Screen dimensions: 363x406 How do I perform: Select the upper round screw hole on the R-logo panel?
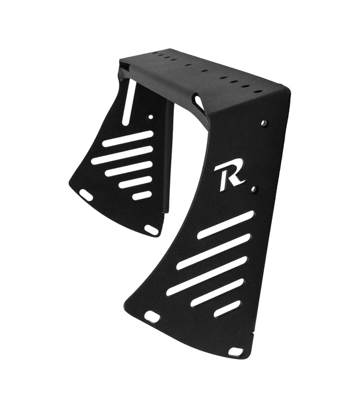[264, 122]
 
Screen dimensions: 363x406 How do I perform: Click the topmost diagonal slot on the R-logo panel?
[225, 225]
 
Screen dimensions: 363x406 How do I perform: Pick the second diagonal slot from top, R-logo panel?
[213, 251]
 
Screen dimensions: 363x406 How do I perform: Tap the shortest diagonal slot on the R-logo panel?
[227, 309]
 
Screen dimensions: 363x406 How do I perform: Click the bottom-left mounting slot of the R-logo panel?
[152, 317]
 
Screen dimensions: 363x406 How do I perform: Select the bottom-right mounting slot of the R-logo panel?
[235, 351]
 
